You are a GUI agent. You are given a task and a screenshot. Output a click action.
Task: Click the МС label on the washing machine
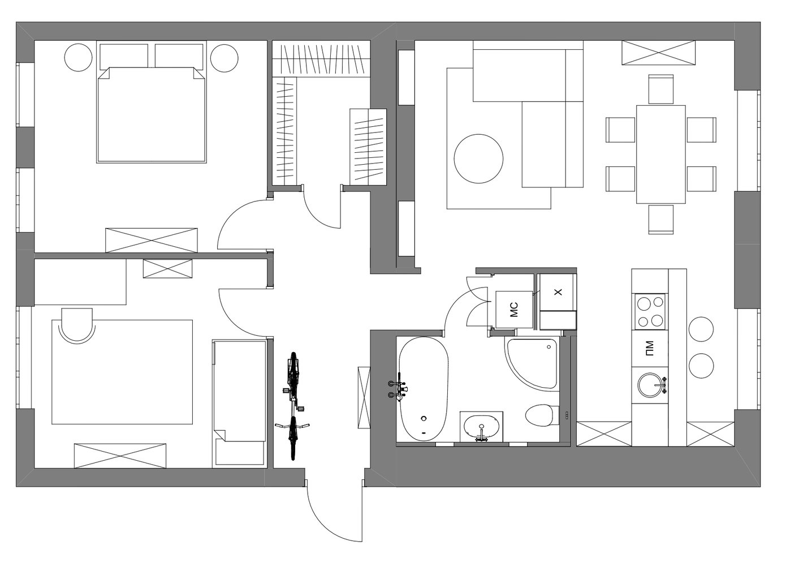(513, 309)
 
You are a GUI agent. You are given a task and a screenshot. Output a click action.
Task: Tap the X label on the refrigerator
(558, 291)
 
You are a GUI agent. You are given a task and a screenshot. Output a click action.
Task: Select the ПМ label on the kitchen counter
(650, 349)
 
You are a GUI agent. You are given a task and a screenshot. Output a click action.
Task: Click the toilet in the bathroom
(542, 414)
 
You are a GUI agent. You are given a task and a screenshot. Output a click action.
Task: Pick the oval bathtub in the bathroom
(424, 389)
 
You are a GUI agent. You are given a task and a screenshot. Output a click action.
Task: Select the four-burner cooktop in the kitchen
(649, 311)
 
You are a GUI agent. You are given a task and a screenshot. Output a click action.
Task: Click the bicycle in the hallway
(292, 406)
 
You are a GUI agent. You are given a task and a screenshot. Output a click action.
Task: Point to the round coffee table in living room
(478, 158)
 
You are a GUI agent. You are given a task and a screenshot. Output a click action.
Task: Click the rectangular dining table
(660, 155)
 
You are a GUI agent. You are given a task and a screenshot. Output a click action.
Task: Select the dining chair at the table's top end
(660, 89)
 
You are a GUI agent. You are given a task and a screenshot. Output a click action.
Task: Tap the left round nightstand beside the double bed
(79, 58)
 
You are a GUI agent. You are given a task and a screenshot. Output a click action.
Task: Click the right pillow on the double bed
(179, 57)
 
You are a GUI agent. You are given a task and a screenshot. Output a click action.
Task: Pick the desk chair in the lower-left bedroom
(77, 325)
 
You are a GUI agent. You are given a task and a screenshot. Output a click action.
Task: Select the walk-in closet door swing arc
(317, 216)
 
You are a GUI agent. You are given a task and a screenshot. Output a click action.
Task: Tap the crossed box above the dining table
(658, 53)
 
